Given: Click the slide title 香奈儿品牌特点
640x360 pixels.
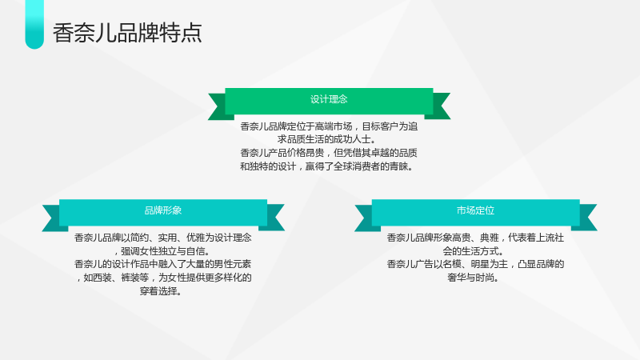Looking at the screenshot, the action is coord(127,33).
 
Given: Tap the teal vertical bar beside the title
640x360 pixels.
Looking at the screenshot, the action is coord(34,25).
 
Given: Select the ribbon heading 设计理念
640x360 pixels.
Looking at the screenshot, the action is coord(329,99).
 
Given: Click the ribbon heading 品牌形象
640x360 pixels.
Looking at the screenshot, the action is coord(163,210).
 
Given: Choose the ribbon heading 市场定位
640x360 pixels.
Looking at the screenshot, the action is coord(475,210).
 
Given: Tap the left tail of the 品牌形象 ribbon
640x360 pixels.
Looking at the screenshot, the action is coord(51,218).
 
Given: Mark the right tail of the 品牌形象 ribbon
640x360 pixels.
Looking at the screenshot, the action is coord(275,218).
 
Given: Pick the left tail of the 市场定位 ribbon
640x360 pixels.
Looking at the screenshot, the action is coord(364,218).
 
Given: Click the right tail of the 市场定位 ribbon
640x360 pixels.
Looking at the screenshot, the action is coord(588,218).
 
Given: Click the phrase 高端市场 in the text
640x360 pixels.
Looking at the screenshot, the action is coord(334,126).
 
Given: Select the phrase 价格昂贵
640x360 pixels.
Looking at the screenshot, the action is coord(306,153).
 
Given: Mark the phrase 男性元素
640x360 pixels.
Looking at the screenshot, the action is coord(233,264).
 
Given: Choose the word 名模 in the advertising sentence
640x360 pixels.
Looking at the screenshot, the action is coord(452,264).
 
